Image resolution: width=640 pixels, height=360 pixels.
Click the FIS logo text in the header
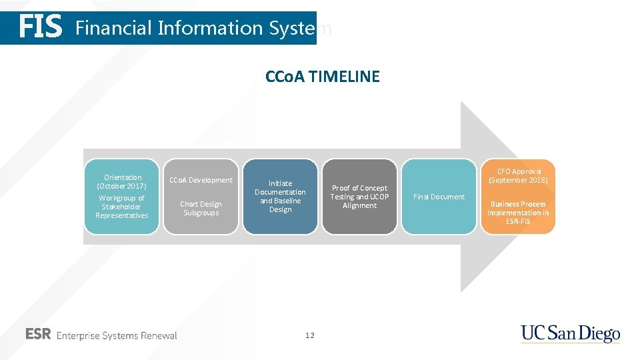41,28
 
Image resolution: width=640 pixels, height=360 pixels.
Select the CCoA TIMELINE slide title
322,77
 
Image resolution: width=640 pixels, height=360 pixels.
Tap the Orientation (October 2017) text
123,181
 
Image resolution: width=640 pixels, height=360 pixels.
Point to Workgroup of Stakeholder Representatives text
121,207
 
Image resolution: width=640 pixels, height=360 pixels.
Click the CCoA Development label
201,180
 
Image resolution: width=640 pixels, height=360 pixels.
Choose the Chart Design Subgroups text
201,208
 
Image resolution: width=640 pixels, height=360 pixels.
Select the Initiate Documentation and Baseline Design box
280,196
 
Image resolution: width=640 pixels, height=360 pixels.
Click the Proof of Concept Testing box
359,197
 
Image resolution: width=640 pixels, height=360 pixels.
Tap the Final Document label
439,197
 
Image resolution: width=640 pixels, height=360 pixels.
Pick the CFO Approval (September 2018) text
518,176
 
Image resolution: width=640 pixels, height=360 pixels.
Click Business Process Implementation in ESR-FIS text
518,212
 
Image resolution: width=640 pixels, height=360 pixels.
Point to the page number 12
309,335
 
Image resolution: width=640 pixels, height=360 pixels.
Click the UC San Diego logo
570,334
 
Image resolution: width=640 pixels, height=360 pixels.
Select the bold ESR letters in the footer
38,335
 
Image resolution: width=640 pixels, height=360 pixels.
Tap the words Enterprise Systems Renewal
117,335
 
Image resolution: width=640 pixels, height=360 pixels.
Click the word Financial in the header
113,28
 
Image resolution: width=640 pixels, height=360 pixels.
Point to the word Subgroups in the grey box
201,213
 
